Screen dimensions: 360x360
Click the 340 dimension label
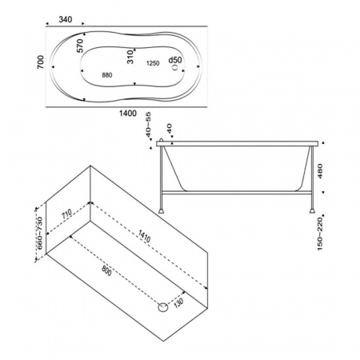[x=66, y=19]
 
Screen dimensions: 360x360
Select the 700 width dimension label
[x=40, y=62]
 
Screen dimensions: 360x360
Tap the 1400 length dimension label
[x=128, y=114]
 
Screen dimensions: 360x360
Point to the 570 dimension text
[x=80, y=46]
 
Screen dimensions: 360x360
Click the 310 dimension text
[x=130, y=57]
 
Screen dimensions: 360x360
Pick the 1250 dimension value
[x=153, y=63]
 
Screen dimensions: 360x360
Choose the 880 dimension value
[x=107, y=75]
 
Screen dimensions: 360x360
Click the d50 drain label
[x=175, y=60]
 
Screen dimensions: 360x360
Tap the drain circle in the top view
[x=175, y=67]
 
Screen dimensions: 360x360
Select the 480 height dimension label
[x=320, y=171]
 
